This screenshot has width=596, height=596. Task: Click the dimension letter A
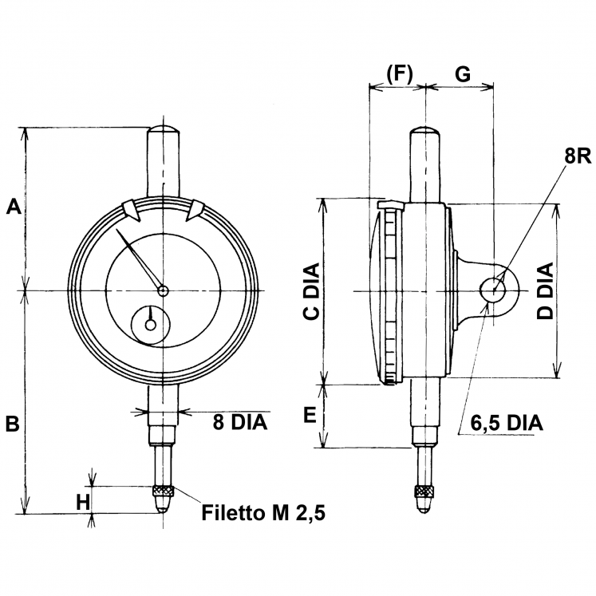point(14,207)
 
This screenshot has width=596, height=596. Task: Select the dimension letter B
point(13,424)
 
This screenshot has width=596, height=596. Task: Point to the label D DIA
point(544,291)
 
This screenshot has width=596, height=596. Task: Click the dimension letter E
point(310,413)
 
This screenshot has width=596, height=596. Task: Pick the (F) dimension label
point(398,73)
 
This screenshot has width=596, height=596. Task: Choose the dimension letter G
point(462,73)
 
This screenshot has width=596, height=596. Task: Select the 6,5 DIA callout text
point(507,423)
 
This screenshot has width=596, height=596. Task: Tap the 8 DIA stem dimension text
point(239,422)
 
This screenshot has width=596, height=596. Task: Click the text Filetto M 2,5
point(264,511)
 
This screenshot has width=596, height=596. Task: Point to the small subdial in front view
point(151,325)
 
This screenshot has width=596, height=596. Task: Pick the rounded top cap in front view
point(164,129)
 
